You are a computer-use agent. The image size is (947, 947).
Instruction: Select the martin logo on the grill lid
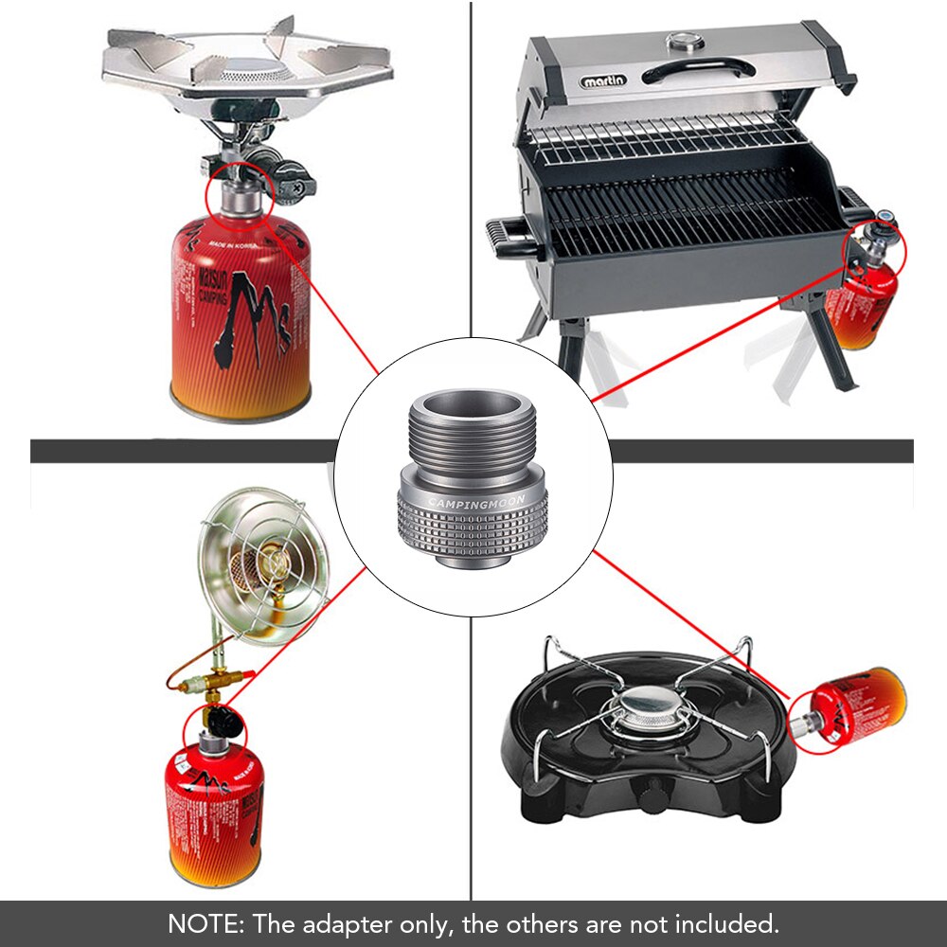602,81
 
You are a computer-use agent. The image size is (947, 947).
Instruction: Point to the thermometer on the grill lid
681,42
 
